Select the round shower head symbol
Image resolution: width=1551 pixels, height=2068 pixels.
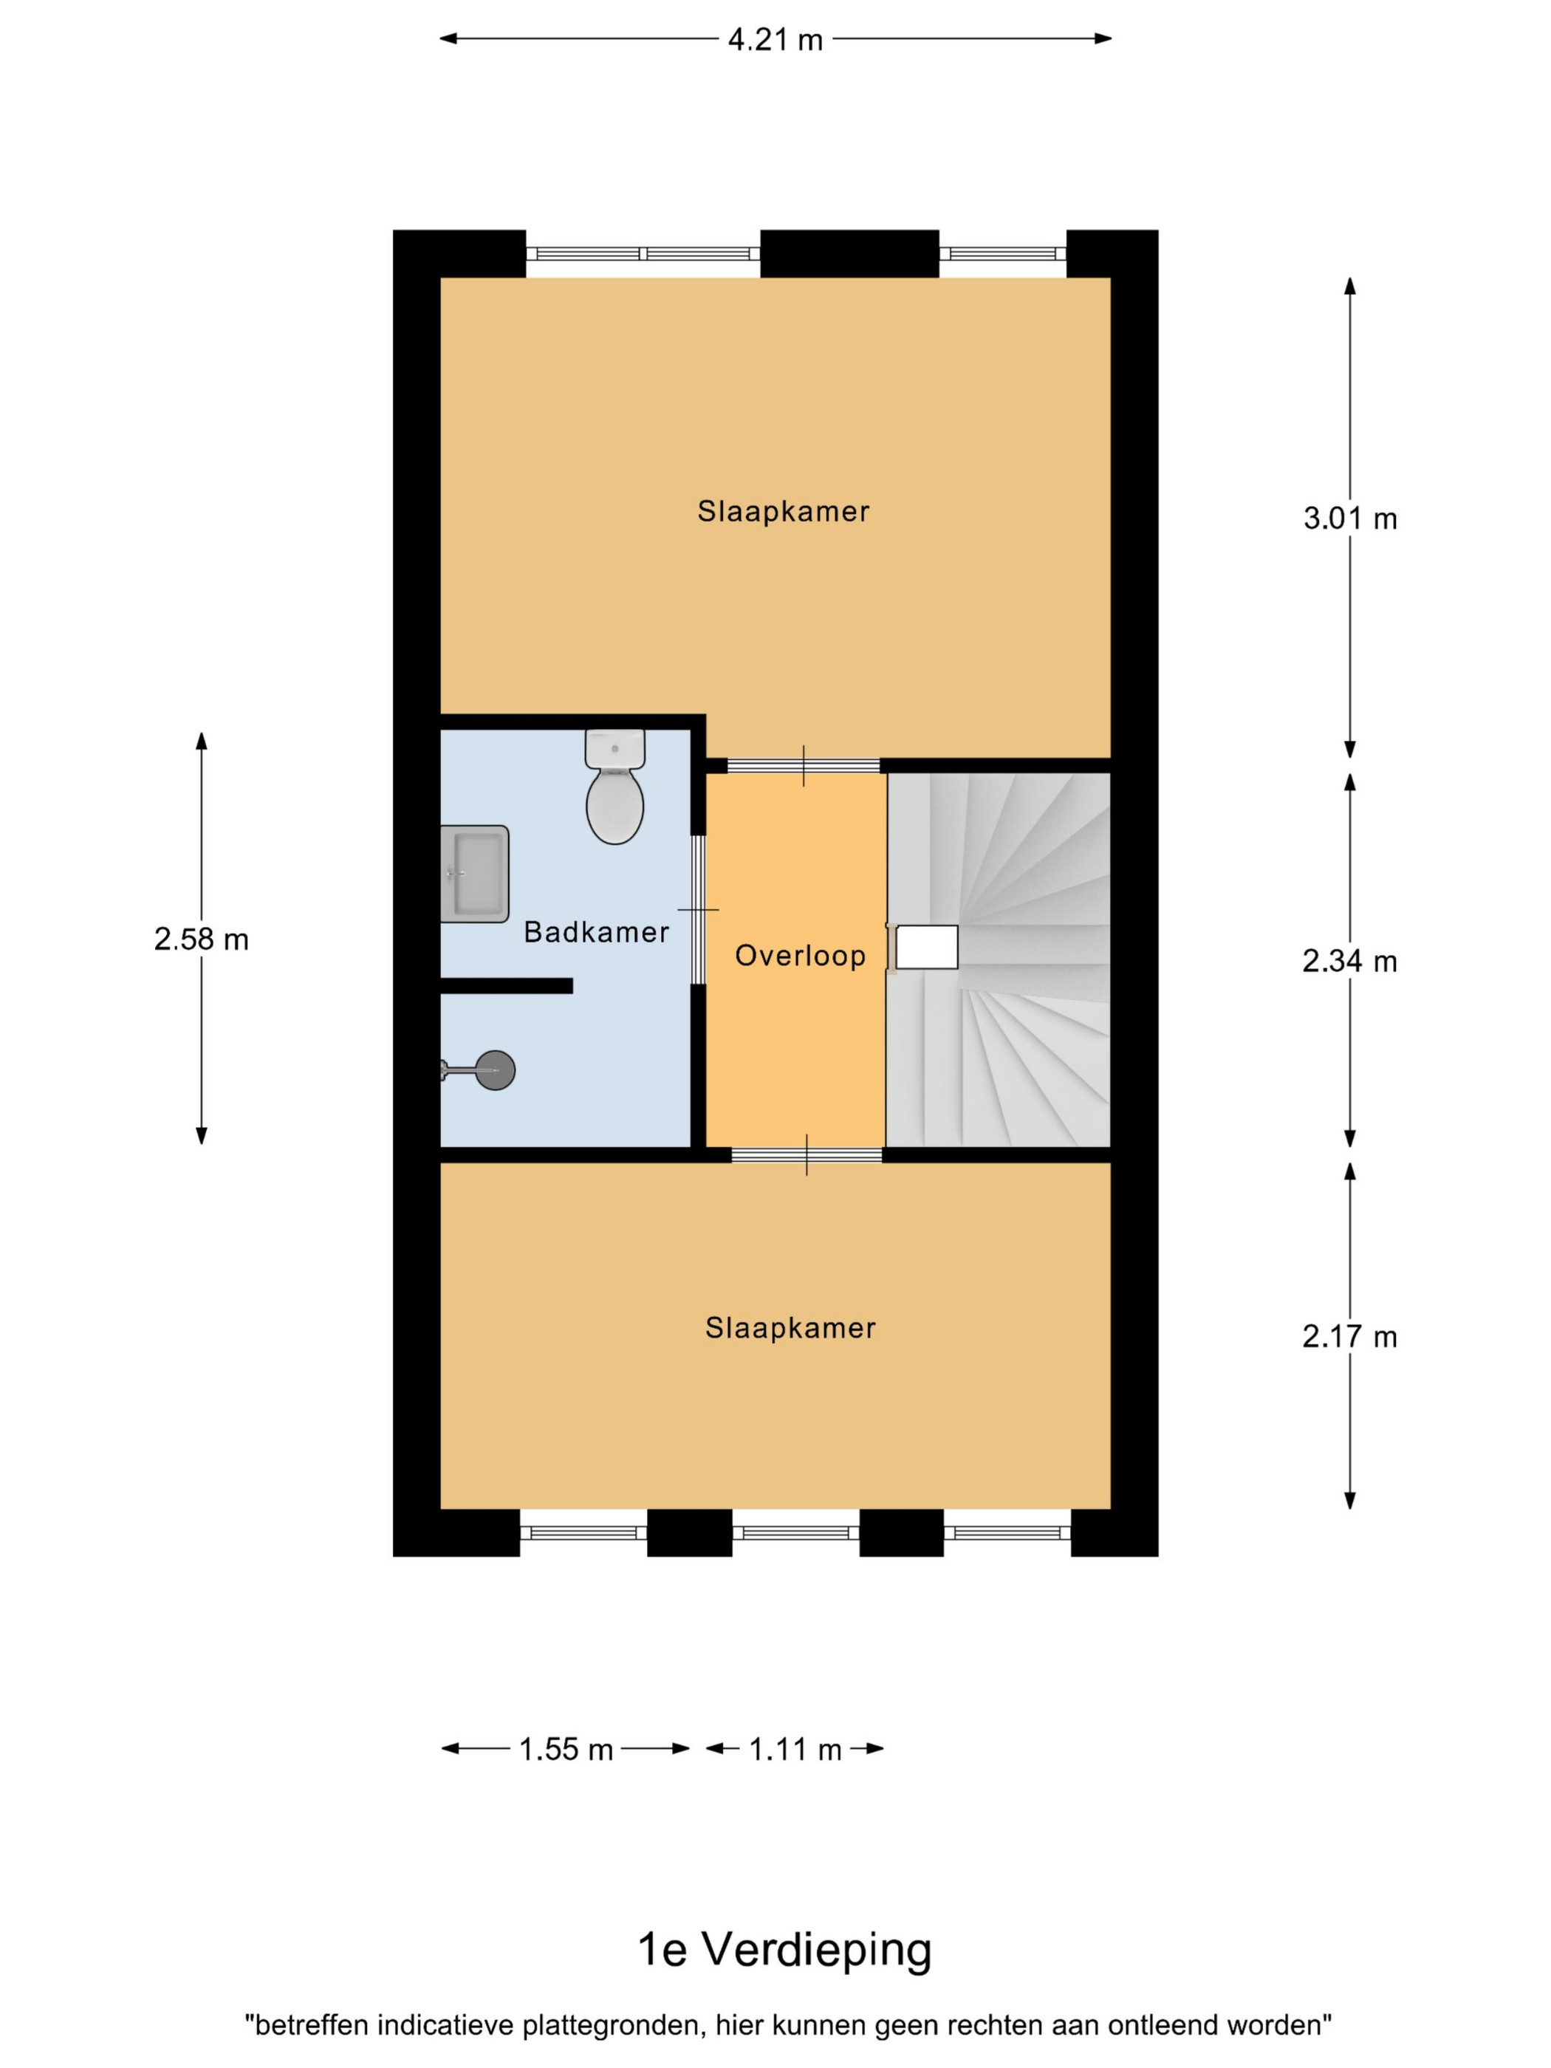pos(495,1069)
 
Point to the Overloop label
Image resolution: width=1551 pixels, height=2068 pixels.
pos(801,956)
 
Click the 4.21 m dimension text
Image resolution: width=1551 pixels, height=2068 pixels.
pos(775,39)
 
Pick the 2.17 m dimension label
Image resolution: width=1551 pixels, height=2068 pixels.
pos(1349,1337)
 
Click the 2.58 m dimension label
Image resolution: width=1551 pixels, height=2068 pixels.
pos(201,939)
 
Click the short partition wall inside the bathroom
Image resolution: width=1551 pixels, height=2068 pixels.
pos(506,985)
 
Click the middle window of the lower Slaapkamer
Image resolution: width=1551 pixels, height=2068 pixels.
pos(795,1533)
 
